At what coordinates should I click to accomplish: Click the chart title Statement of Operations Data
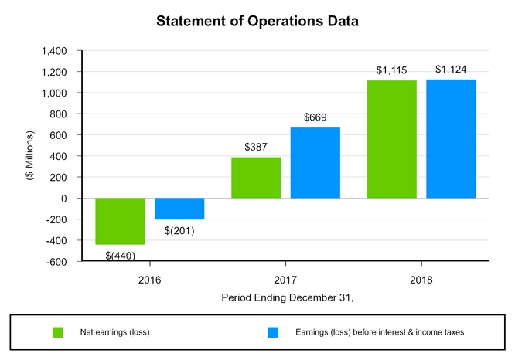click(x=257, y=21)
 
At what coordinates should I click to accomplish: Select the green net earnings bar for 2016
click(x=120, y=221)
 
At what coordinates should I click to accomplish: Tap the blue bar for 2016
click(x=179, y=209)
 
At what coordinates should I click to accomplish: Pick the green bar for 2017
click(x=256, y=178)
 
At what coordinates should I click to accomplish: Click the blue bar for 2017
click(x=315, y=163)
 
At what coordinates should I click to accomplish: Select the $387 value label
click(x=256, y=147)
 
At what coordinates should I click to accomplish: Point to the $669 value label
click(x=315, y=117)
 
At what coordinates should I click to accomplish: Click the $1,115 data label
click(x=392, y=70)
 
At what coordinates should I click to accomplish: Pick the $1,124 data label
click(x=451, y=70)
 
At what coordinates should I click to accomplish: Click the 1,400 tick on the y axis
click(x=54, y=51)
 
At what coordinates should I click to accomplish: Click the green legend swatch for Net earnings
click(x=57, y=332)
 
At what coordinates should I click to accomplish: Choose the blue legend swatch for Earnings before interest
click(x=272, y=332)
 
